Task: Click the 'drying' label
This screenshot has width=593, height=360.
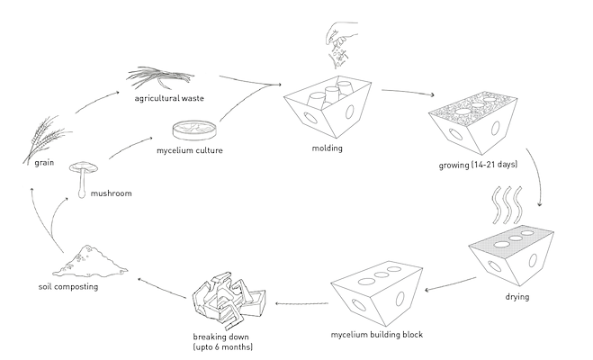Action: click(x=517, y=295)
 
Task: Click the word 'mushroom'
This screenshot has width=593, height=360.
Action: click(x=112, y=193)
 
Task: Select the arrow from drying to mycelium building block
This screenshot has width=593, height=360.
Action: click(x=445, y=286)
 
